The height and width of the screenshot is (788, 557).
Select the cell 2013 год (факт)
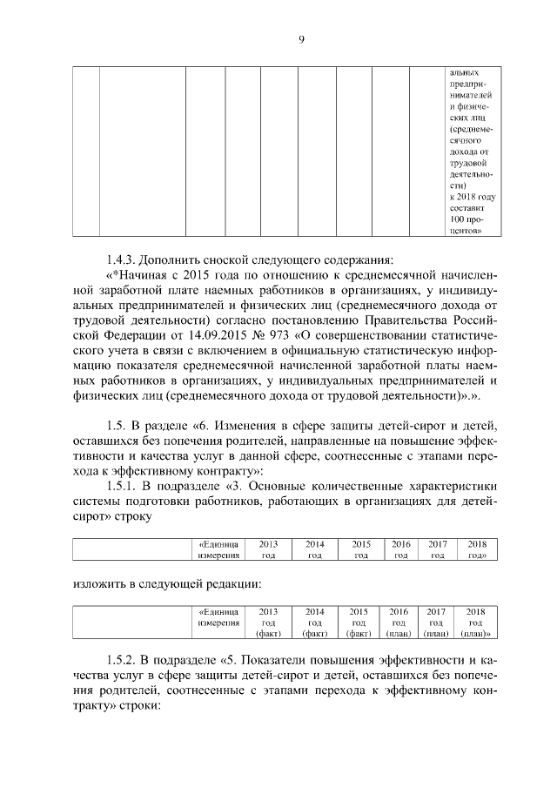pyautogui.click(x=268, y=623)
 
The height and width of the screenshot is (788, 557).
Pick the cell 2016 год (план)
pyautogui.click(x=399, y=623)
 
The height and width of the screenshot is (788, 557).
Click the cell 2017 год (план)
pyautogui.click(x=436, y=623)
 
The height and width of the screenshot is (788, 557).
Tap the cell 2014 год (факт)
pyautogui.click(x=315, y=623)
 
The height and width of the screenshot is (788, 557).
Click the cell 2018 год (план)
pyautogui.click(x=475, y=623)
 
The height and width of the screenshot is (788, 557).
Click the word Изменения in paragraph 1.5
pyautogui.click(x=249, y=425)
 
